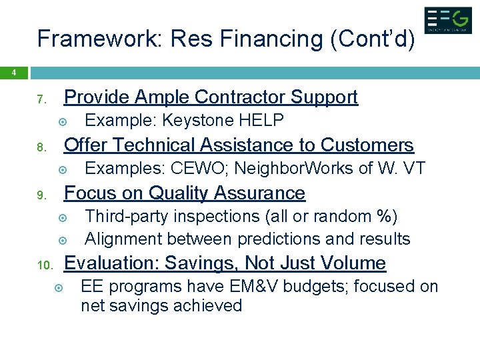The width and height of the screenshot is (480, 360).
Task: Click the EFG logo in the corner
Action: (x=447, y=20)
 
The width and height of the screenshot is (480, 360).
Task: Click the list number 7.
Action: (x=40, y=100)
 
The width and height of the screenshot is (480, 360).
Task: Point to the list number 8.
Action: (x=40, y=148)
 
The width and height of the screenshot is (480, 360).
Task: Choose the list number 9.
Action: (x=40, y=196)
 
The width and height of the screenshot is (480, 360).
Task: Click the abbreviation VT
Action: (x=413, y=169)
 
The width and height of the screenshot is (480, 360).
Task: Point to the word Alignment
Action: (x=123, y=239)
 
